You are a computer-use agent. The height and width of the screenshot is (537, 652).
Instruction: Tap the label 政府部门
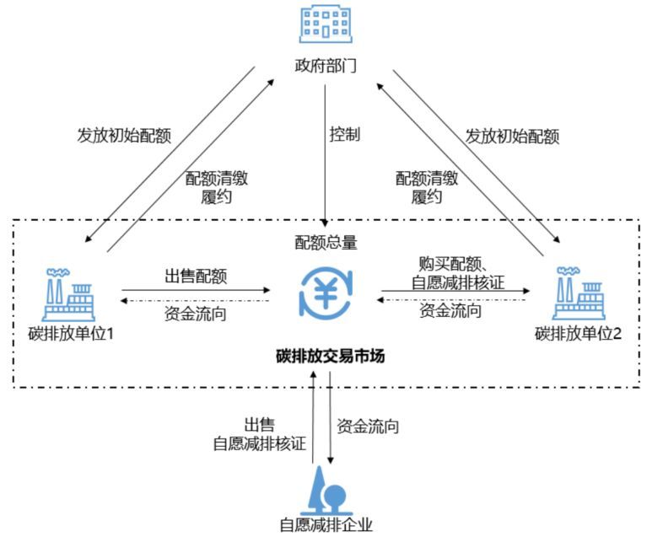pyautogui.click(x=326, y=65)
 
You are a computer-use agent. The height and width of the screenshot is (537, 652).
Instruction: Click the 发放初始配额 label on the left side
pyautogui.click(x=122, y=136)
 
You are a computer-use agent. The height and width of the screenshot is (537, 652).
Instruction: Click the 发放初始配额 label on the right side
pyautogui.click(x=513, y=136)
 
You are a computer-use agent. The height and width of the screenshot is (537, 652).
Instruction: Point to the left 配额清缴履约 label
pyautogui.click(x=216, y=187)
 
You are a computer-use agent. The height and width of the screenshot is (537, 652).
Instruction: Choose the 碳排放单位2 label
pyautogui.click(x=578, y=333)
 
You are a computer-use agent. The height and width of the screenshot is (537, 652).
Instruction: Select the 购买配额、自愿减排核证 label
pyautogui.click(x=455, y=273)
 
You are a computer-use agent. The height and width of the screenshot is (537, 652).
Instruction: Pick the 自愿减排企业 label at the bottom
pyautogui.click(x=326, y=524)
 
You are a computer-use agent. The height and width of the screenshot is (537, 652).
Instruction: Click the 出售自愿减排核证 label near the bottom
pyautogui.click(x=259, y=435)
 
